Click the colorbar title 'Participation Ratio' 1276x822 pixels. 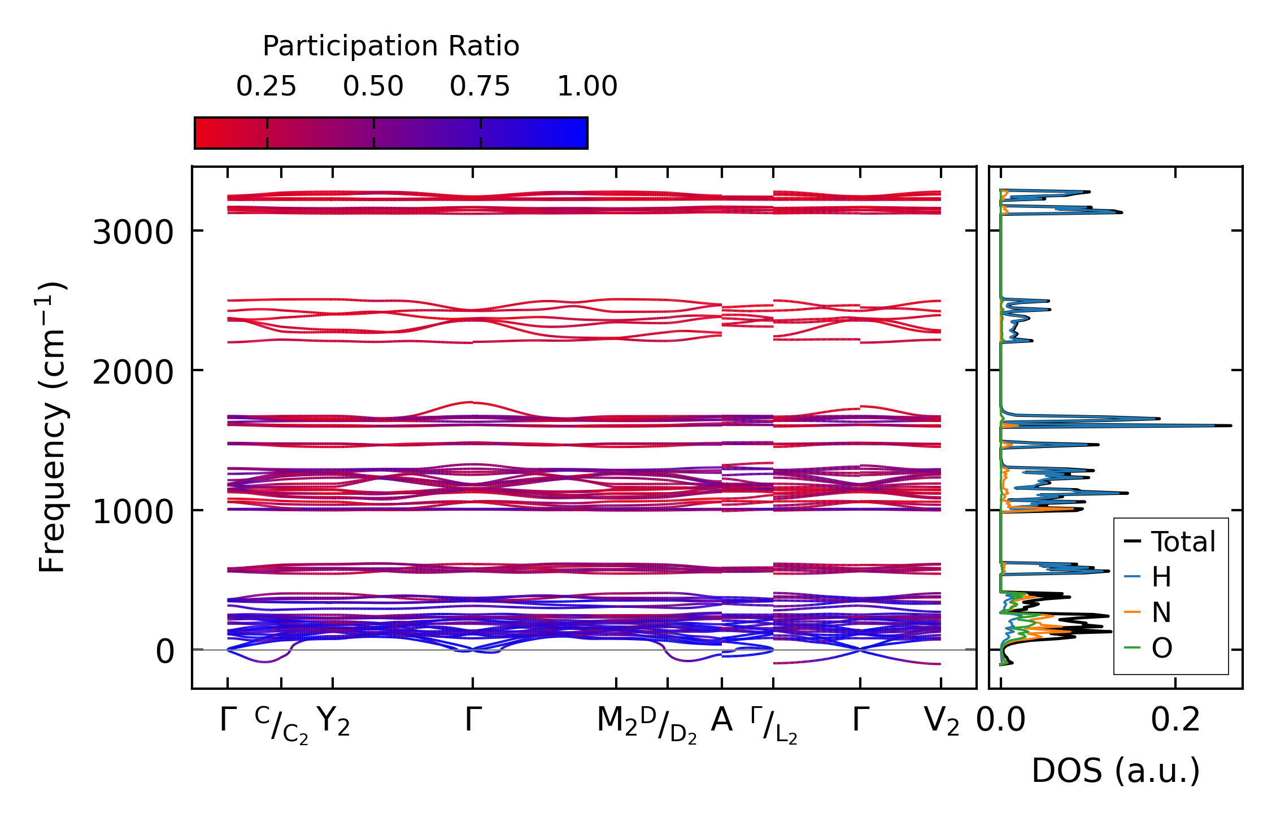tap(390, 46)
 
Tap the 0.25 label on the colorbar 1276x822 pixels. tap(266, 86)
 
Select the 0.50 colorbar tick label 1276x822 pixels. tap(373, 86)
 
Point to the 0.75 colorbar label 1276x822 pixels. tap(480, 86)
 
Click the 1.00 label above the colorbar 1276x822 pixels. tap(587, 86)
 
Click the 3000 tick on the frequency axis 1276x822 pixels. tap(133, 232)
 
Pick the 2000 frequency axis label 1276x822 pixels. tap(133, 372)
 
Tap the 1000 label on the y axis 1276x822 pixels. tap(133, 512)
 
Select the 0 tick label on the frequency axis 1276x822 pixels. tap(165, 652)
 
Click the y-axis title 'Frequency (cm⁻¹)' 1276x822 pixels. tap(53, 427)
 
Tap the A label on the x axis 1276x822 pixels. tap(722, 720)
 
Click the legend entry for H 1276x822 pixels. tap(1161, 577)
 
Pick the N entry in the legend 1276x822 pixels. tap(1161, 612)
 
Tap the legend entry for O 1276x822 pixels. tap(1161, 648)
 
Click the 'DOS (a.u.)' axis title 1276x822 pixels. tap(1116, 771)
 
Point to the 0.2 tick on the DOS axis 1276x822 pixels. tap(1175, 720)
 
